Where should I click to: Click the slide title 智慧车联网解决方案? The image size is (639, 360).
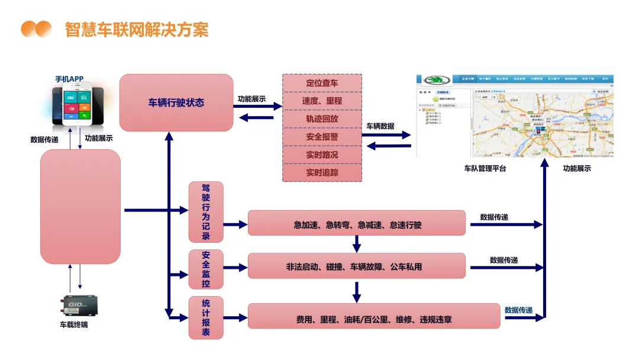tap(137, 29)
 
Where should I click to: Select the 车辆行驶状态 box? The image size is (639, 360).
tap(176, 102)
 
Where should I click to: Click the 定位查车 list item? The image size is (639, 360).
tap(322, 83)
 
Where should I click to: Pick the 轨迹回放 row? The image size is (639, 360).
tap(322, 118)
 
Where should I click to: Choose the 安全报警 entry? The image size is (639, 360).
tap(322, 137)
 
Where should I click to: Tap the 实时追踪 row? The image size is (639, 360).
tap(322, 173)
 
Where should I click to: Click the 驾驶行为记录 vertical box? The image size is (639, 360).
tap(206, 212)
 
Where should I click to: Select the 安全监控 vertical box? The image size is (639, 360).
tap(206, 269)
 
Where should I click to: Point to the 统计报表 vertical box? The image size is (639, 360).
tap(206, 317)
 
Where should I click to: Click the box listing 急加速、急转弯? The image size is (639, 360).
tap(357, 224)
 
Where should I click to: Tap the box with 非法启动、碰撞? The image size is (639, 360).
tap(357, 266)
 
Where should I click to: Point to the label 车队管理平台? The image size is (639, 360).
tap(485, 169)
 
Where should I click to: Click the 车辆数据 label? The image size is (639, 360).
tap(380, 126)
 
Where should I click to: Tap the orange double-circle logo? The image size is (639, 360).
tap(37, 29)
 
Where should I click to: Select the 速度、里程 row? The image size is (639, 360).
tap(322, 101)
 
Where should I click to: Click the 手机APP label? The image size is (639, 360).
tap(70, 79)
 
